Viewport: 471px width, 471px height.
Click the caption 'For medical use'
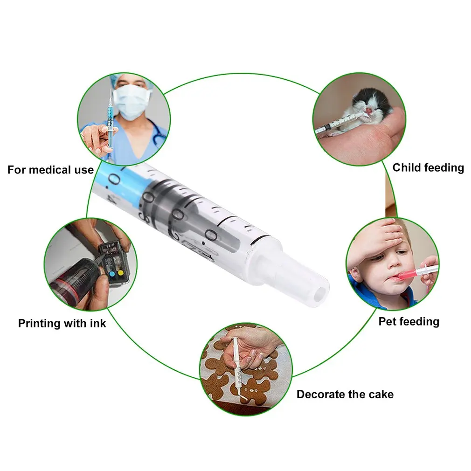[x=50, y=170]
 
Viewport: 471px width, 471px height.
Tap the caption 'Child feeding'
[x=428, y=168]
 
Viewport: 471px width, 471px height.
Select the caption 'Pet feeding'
[x=409, y=322]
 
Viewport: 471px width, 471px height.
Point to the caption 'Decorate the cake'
[x=345, y=395]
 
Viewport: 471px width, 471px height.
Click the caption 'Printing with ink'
[x=62, y=323]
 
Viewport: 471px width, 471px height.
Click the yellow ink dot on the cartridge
[x=120, y=272]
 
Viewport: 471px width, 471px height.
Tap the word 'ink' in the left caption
[x=97, y=323]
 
